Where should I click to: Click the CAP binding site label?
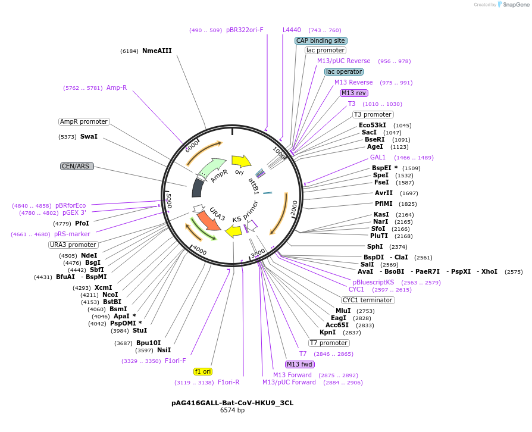[321, 40]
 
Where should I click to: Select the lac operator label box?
[344, 71]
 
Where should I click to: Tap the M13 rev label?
[354, 93]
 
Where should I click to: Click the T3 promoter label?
[373, 114]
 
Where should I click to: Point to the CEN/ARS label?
[77, 166]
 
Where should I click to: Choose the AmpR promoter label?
[84, 121]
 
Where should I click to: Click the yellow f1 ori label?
[203, 371]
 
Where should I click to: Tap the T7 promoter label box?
[329, 343]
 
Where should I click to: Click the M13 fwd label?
[299, 364]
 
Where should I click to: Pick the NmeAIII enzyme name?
[157, 51]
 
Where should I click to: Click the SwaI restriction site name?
[89, 137]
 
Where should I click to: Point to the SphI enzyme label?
[375, 246]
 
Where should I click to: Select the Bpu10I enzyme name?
[148, 343]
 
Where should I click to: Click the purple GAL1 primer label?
[378, 158]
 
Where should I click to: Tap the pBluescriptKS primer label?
[373, 282]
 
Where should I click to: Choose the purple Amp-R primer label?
[117, 88]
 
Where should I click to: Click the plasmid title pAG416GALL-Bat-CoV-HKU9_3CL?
[232, 403]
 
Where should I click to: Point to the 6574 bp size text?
[232, 411]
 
